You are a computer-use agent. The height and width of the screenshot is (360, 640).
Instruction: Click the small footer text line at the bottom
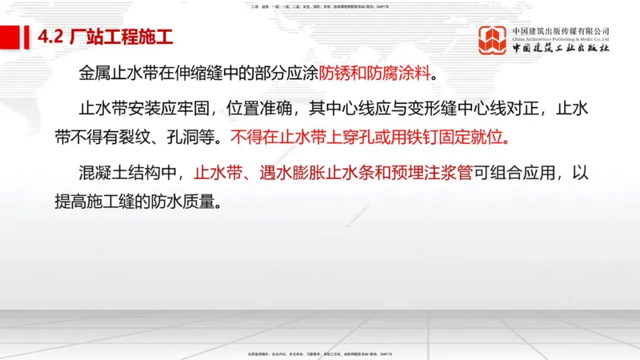(320, 353)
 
